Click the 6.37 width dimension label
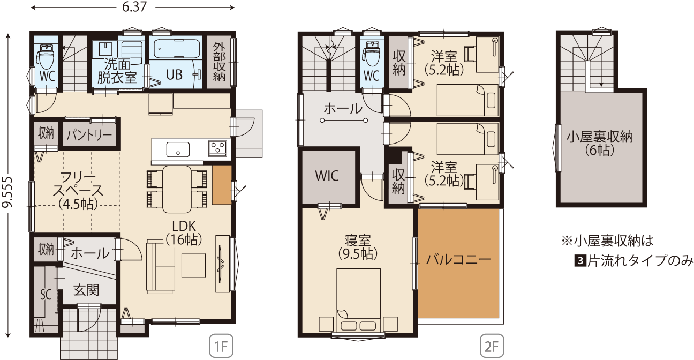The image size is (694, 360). [134, 7]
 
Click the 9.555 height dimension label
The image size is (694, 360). [7, 192]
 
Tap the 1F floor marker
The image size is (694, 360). [221, 346]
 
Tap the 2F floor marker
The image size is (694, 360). [492, 346]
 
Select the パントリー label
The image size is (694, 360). [89, 135]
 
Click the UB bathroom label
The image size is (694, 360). [174, 74]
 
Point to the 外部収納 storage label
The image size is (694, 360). [219, 62]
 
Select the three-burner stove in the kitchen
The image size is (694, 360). [217, 148]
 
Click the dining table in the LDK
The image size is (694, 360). [177, 189]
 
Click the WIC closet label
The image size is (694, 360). [327, 176]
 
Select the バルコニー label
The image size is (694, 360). [458, 259]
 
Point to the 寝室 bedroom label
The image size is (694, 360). [358, 241]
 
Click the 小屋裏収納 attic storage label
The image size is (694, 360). [600, 137]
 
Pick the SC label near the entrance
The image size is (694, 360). [46, 295]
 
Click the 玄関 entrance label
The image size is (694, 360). [86, 290]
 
